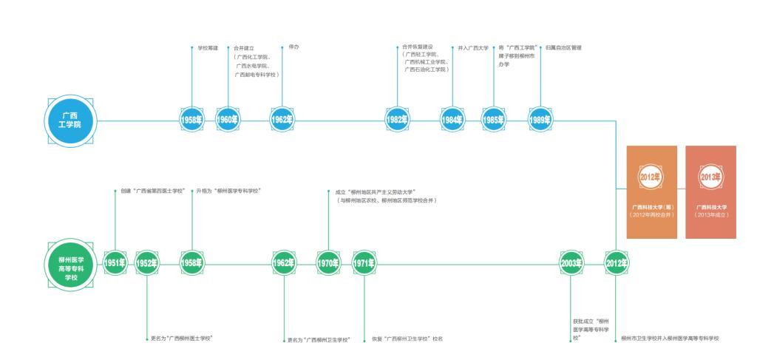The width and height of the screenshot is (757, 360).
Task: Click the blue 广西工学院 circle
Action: pos(70,120)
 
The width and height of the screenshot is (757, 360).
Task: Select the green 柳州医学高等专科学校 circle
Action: pos(70,264)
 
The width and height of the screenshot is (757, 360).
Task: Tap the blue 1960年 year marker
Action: pos(228,120)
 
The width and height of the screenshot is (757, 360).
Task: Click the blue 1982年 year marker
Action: pos(396,120)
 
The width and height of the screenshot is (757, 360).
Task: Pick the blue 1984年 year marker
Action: pos(452,120)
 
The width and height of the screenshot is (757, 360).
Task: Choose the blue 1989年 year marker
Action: pos(540,120)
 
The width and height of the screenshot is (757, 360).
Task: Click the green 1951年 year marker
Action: pos(115,263)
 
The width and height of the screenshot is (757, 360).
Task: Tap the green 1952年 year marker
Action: pos(147,263)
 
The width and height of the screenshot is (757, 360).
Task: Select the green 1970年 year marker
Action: pos(327,263)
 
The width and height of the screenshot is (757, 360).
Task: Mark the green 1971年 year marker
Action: pos(364,263)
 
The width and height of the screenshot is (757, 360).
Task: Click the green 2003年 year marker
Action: pos(571,263)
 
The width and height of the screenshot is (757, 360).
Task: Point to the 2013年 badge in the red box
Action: pos(710,177)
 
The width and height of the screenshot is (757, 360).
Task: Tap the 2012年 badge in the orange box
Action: pos(651,177)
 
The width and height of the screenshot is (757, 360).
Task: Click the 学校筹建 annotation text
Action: pos(208,47)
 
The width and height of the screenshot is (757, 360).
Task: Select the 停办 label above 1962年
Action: pos(293,47)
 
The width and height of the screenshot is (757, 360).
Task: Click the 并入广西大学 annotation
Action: pos(473,47)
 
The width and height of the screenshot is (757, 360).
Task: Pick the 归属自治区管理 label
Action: pos(563,47)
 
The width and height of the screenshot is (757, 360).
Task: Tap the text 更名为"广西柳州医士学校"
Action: pos(182,339)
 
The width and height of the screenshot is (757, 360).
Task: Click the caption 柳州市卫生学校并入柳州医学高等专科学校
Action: pos(670,339)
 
